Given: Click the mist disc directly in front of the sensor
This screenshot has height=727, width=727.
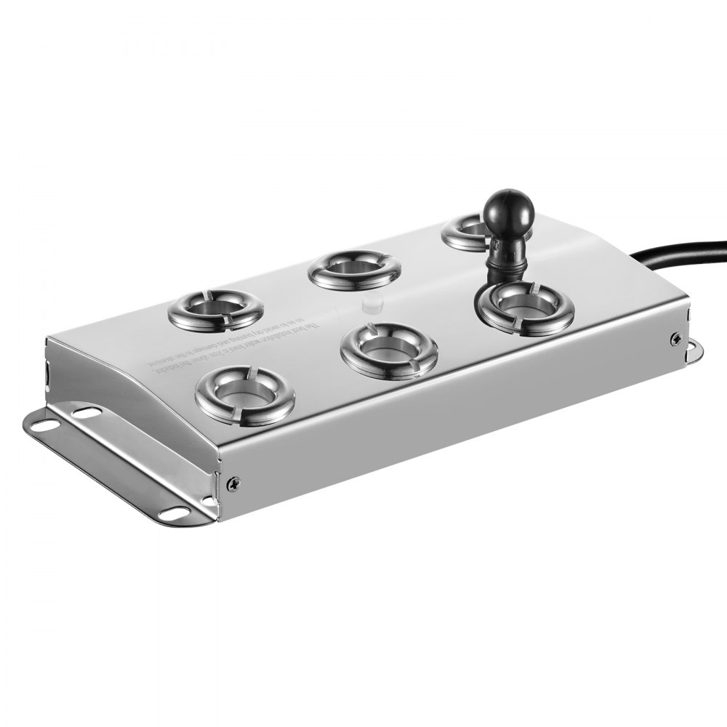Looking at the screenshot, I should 526,307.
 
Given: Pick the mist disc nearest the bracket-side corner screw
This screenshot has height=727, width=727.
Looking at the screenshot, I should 244,395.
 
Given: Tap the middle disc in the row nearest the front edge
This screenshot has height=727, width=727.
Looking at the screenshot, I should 389,350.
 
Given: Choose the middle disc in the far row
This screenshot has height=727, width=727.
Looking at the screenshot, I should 354,270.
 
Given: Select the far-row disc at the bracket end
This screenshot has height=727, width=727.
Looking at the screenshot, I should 215,308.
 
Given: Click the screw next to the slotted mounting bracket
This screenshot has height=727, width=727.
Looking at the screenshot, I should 233,482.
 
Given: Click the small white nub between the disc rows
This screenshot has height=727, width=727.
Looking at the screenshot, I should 370,302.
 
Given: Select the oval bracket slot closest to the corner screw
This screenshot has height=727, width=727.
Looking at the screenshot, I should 172,513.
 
